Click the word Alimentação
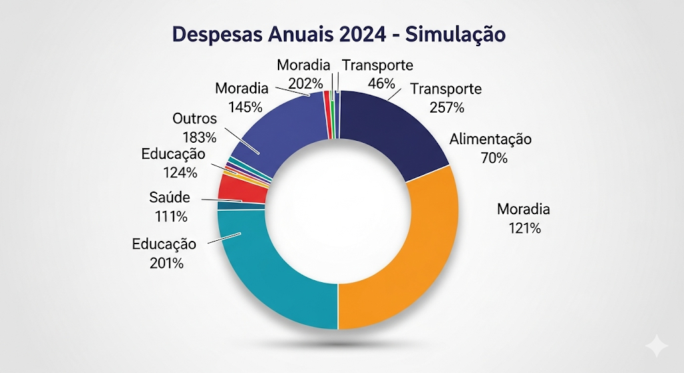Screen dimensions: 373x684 pyautogui.click(x=490, y=140)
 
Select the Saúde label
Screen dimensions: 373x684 pyautogui.click(x=169, y=198)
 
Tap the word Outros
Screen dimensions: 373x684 pyautogui.click(x=195, y=119)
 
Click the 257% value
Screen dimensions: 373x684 pyautogui.click(x=448, y=107)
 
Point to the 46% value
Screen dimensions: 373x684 pyautogui.click(x=381, y=83)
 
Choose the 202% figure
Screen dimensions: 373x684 pyautogui.click(x=306, y=83)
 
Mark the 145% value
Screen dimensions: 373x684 pyautogui.click(x=244, y=106)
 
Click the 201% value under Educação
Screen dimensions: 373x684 pyautogui.click(x=167, y=263)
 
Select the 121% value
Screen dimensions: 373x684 pyautogui.click(x=524, y=228)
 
